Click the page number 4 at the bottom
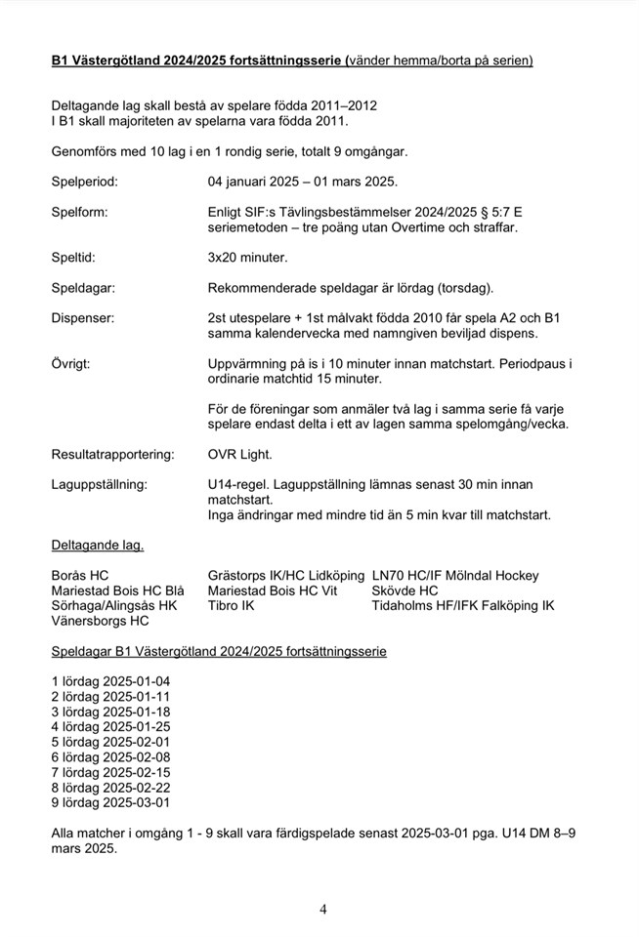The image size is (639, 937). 323,910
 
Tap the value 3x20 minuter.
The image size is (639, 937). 248,258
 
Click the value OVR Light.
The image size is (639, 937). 240,454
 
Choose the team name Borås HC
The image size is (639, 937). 80,576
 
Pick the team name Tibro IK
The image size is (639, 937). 232,606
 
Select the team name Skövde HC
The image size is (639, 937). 405,591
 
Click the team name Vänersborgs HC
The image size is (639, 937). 101,621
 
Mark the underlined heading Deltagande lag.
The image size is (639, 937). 98,545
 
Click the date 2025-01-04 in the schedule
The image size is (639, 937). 137,681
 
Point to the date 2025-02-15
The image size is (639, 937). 137,772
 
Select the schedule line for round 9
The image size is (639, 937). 110,802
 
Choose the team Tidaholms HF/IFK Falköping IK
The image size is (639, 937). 462,606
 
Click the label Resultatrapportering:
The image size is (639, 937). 112,454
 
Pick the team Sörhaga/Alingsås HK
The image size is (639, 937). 114,606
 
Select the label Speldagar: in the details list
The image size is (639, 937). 83,288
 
